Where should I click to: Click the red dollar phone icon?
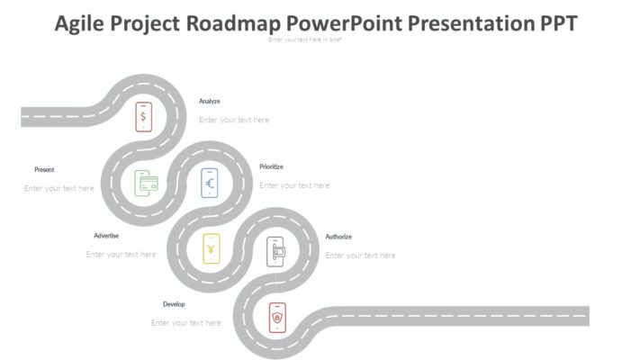[x=143, y=116]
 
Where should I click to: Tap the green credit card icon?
[x=147, y=183]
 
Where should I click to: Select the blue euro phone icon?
[x=210, y=183]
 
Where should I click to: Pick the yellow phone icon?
[x=211, y=247]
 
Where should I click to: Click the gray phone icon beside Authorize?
[x=275, y=251]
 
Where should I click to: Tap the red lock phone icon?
[x=277, y=317]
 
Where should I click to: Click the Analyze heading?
[x=210, y=102]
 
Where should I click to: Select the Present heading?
[x=44, y=169]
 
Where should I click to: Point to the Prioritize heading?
[x=271, y=166]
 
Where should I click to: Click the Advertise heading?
[x=106, y=236]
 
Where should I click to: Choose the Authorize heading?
[x=338, y=237]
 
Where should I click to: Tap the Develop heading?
[x=174, y=304]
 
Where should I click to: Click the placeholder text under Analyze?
[x=234, y=120]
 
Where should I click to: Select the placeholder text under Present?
[x=59, y=188]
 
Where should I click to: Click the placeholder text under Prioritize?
[x=294, y=185]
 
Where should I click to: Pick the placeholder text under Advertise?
[x=122, y=255]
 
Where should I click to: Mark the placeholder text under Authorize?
[x=360, y=256]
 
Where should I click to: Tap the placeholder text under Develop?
[x=186, y=323]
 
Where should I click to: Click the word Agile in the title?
[x=79, y=22]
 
